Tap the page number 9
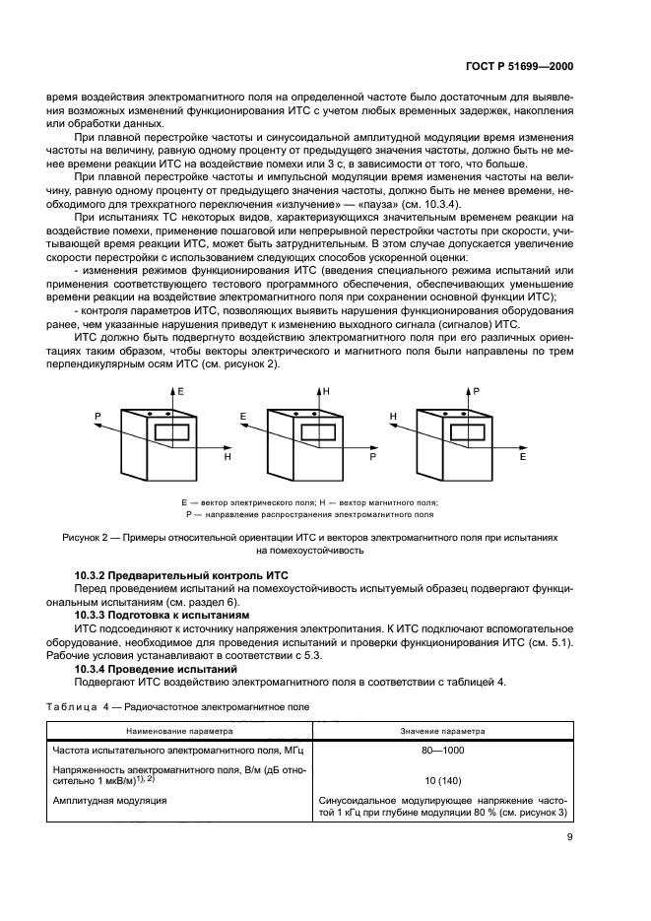click(x=569, y=839)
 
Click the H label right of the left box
click(x=228, y=458)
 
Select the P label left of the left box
click(x=98, y=417)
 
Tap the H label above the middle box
click(x=326, y=392)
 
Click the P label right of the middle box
click(x=373, y=458)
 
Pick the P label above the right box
click(x=476, y=392)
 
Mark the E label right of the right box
click(x=523, y=458)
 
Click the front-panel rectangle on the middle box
click(x=318, y=431)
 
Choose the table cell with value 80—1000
click(x=442, y=751)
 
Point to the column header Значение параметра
click(x=442, y=732)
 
